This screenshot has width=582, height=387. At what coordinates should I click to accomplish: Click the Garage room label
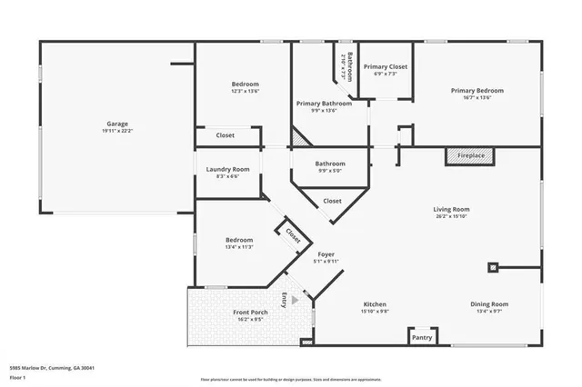(116, 124)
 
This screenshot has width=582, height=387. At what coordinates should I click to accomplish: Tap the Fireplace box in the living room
(470, 155)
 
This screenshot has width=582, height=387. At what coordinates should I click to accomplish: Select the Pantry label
(421, 337)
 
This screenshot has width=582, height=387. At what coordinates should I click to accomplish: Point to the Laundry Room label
(227, 169)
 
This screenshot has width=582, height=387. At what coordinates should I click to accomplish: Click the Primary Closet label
(385, 67)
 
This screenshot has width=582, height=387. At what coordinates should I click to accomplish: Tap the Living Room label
(451, 209)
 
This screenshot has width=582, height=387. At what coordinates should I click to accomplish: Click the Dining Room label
(489, 303)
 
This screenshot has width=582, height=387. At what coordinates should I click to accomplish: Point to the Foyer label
(326, 254)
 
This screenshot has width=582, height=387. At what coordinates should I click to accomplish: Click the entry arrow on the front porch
(294, 297)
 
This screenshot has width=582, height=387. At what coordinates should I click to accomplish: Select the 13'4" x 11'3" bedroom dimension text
(240, 246)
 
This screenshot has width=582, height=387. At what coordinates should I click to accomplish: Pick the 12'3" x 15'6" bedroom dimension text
(245, 91)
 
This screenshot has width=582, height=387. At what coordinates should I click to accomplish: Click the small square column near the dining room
(494, 267)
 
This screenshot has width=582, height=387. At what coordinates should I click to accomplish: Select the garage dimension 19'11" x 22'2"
(116, 131)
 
